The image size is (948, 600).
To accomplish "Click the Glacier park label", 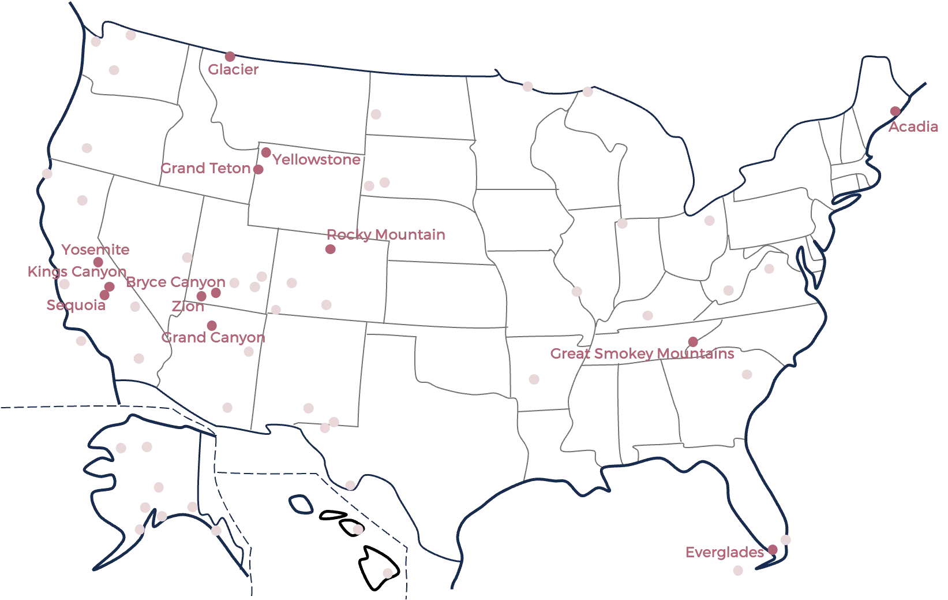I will pos(234,70).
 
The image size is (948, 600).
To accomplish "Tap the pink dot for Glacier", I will pos(230,57).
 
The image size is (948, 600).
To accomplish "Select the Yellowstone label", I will pos(316,160).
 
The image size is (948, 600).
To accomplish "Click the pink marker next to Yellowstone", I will pos(266,152).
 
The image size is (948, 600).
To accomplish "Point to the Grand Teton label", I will pos(206,169).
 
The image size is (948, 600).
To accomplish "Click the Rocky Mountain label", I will pos(386,234).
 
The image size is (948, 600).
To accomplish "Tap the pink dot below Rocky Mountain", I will pos(331,249).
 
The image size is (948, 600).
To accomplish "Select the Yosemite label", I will pos(96,250).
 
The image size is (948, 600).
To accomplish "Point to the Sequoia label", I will pos(76,305).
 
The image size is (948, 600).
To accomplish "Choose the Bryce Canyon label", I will pos(175,282).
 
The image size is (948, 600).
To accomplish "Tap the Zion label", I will pos(188,307).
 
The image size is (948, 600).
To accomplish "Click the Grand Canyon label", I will pos(213,338).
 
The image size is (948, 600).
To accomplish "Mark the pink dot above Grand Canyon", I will pos(211,325).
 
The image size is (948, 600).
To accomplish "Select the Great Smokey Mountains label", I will pos(642,353).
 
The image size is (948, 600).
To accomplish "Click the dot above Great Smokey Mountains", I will pos(692,342).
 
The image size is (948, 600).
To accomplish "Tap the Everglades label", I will pos(724,553).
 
